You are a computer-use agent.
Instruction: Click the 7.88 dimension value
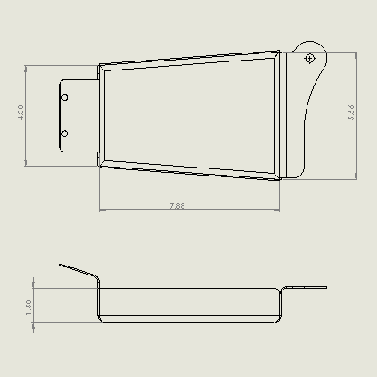176,206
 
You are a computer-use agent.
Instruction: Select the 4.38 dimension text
21,113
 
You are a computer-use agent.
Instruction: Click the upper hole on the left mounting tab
65,97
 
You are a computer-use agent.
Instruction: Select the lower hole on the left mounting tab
65,134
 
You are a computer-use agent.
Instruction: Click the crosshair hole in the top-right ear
309,58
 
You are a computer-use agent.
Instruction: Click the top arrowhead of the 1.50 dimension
34,290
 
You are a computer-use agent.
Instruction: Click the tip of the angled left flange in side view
61,264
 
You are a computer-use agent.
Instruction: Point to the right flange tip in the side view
326,287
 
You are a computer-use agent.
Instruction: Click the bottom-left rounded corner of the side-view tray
101,318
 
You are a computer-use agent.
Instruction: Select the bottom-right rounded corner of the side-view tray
279,318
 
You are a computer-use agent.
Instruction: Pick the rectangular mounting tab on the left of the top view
78,116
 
